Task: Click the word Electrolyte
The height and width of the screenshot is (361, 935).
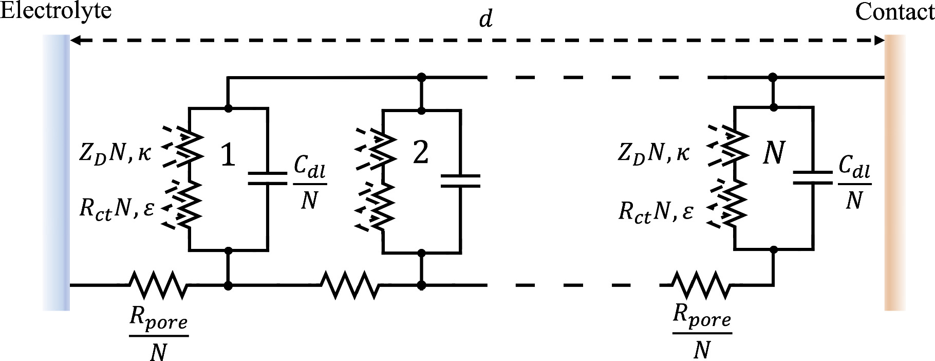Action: click(x=55, y=10)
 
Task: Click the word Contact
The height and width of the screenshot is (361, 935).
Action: click(x=894, y=11)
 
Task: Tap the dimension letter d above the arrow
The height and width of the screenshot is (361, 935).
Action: click(x=485, y=19)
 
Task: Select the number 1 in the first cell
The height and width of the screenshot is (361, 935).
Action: click(x=228, y=155)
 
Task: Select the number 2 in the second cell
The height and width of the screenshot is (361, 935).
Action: click(x=420, y=153)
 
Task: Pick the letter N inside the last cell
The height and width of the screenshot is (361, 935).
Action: click(x=773, y=153)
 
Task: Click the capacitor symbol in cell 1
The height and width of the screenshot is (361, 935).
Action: click(x=267, y=178)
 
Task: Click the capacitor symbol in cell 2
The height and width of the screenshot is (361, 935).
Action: click(x=460, y=181)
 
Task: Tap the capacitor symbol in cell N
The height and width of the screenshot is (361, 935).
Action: click(x=812, y=178)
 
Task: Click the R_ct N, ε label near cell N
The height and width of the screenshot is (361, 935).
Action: click(x=656, y=211)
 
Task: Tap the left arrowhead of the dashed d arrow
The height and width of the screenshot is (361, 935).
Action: click(x=74, y=40)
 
